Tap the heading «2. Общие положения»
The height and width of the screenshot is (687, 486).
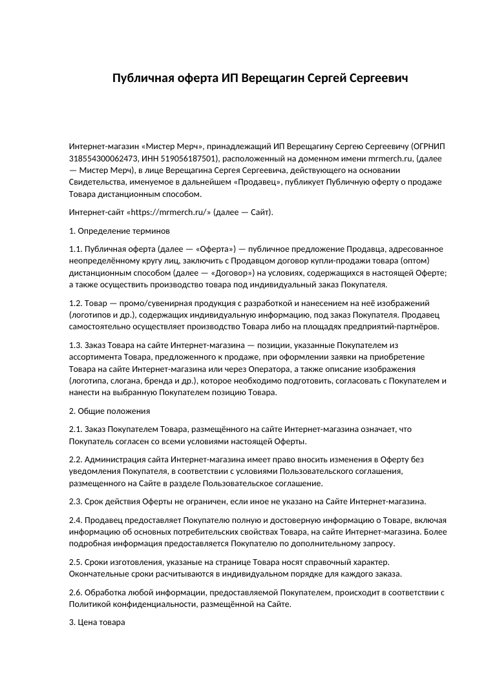109,411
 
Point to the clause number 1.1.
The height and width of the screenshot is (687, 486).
76,249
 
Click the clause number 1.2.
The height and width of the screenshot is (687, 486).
76,303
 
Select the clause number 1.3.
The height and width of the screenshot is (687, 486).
76,345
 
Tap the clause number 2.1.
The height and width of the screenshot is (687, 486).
76,429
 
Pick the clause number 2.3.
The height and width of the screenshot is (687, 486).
76,501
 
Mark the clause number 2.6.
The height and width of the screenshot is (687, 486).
76,592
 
